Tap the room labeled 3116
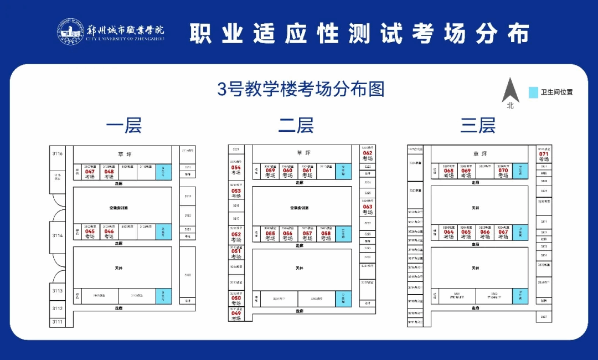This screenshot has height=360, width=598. point(58,153)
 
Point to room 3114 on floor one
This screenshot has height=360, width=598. point(58,235)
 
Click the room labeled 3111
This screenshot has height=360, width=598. point(58,322)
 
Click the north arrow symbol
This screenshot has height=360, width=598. point(510,92)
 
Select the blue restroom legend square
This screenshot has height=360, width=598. point(533,92)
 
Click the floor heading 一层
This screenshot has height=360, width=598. point(124,125)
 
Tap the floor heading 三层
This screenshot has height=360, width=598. point(478,125)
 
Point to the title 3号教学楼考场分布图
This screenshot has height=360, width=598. point(301,89)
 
